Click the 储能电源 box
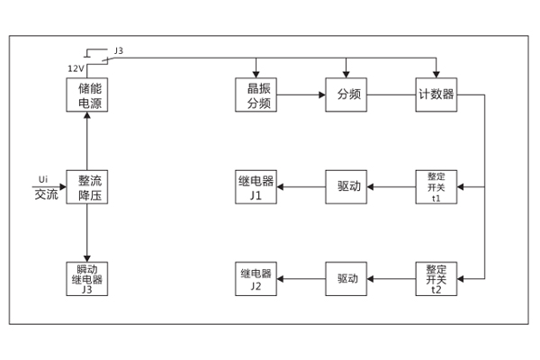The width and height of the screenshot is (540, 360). click(x=87, y=95)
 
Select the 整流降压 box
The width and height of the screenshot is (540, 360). click(x=87, y=187)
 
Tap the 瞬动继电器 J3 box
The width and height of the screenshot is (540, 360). click(x=87, y=279)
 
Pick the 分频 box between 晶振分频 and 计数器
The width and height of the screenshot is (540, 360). click(x=348, y=95)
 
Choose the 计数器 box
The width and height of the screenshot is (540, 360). click(x=436, y=95)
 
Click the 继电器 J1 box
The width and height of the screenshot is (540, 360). click(x=256, y=187)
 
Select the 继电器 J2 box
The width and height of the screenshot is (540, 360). click(x=256, y=279)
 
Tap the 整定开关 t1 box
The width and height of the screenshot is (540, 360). click(x=436, y=187)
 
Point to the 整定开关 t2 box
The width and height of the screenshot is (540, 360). click(x=436, y=279)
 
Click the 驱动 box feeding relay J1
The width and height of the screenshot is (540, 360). click(x=348, y=187)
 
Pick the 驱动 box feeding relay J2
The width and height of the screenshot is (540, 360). click(x=348, y=279)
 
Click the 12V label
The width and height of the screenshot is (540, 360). click(x=76, y=67)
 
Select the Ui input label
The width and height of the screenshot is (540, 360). click(x=43, y=178)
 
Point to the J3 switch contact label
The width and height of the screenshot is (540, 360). click(x=118, y=51)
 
